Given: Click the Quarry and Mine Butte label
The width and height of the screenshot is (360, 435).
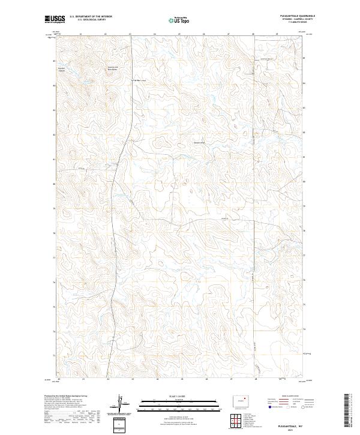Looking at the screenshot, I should click(x=113, y=68).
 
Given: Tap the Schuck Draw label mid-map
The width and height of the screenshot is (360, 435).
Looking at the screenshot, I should click(x=199, y=142).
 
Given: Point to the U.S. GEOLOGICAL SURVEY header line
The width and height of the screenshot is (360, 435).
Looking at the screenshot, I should click(x=88, y=20).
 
